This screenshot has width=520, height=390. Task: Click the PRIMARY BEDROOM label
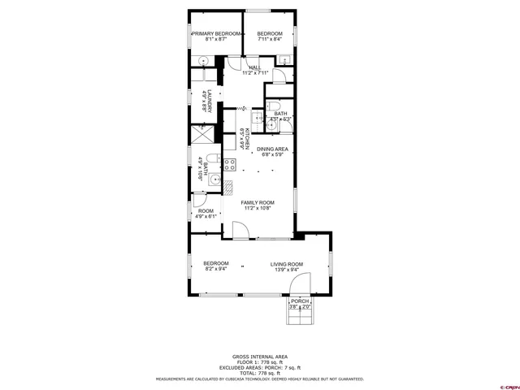[x=216, y=33]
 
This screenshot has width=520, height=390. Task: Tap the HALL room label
[x=254, y=67]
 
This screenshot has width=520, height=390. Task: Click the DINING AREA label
[x=272, y=149]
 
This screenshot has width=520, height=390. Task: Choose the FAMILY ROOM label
[x=257, y=202]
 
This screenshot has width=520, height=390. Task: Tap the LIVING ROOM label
[x=287, y=263]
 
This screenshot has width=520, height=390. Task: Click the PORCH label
[x=301, y=301]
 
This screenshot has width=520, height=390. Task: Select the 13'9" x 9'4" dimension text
[x=287, y=269]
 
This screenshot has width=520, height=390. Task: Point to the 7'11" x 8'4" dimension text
[x=270, y=39]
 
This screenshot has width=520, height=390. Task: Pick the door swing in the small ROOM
[x=200, y=201]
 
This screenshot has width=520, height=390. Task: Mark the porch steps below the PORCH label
[x=300, y=316]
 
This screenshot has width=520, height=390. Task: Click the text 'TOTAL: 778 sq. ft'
[x=260, y=372]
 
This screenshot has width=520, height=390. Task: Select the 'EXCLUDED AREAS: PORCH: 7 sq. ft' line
[x=260, y=367]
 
